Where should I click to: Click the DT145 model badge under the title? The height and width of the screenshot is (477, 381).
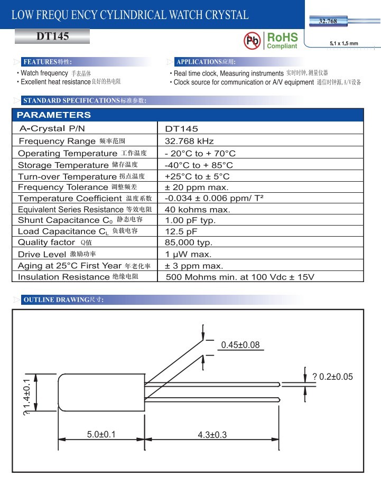pyautogui.click(x=52, y=37)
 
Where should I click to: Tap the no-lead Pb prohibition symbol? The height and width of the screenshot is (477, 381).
pyautogui.click(x=253, y=41)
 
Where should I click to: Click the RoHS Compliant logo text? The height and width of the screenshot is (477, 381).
pyautogui.click(x=282, y=41)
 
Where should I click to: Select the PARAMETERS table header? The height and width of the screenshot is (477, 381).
pyautogui.click(x=54, y=115)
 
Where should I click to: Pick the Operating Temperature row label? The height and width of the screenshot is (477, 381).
pyautogui.click(x=67, y=153)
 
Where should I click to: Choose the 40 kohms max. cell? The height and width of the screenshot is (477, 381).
pyautogui.click(x=198, y=210)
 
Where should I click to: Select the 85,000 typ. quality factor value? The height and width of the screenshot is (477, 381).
pyautogui.click(x=189, y=242)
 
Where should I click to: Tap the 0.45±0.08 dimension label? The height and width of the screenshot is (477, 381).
pyautogui.click(x=240, y=345)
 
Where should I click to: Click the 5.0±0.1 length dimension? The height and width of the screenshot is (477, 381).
pyautogui.click(x=101, y=435)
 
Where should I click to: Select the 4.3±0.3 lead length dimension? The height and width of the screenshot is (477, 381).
pyautogui.click(x=212, y=435)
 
